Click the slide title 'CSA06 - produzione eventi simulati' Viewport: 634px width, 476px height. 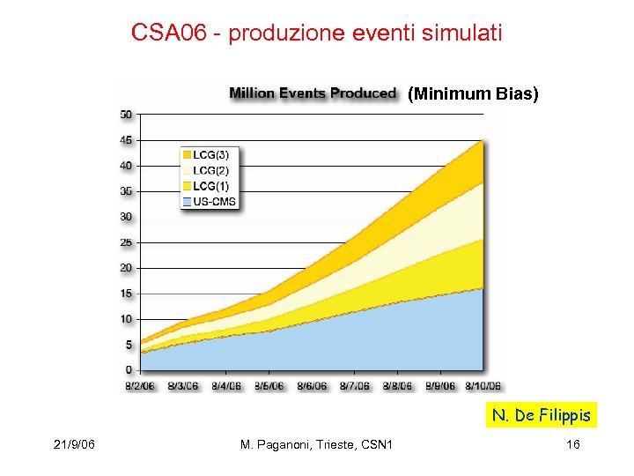(316, 33)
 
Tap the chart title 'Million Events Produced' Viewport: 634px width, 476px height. (313, 93)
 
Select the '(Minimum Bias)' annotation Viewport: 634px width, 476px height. (473, 93)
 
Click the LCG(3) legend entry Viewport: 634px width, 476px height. (210, 154)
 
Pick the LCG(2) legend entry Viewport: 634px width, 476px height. (210, 170)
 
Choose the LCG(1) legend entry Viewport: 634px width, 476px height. (210, 186)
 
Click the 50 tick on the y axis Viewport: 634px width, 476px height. (126, 114)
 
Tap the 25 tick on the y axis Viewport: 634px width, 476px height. (126, 242)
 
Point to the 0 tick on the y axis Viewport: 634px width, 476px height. (129, 370)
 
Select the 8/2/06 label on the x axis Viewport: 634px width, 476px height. (140, 385)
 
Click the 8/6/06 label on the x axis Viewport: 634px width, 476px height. (312, 385)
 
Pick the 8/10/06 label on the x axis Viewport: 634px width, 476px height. (483, 385)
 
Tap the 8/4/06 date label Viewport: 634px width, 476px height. (226, 385)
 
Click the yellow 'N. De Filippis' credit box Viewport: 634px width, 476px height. (542, 415)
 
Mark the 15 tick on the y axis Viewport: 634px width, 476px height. (126, 294)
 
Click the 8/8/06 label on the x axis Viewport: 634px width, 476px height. (398, 385)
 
